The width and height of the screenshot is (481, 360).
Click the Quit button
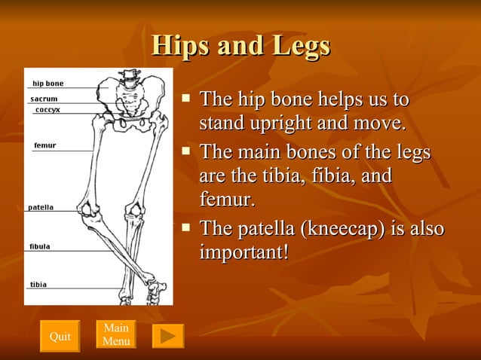click(x=60, y=336)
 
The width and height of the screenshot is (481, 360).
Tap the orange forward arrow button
click(x=168, y=336)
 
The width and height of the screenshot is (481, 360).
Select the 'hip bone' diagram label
click(x=47, y=84)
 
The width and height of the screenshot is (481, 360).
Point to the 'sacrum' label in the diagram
click(x=44, y=99)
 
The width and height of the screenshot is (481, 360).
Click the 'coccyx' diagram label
click(x=47, y=110)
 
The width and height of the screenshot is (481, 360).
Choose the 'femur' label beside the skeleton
click(x=44, y=145)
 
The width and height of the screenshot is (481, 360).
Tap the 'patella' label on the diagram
click(x=41, y=207)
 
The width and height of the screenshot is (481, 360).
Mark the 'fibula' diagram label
click(x=40, y=246)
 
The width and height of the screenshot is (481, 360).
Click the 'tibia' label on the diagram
click(x=38, y=285)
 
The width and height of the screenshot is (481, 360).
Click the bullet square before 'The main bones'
click(x=187, y=151)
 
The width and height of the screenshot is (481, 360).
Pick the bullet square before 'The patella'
click(x=187, y=227)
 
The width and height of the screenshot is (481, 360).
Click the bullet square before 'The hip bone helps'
click(x=187, y=97)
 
